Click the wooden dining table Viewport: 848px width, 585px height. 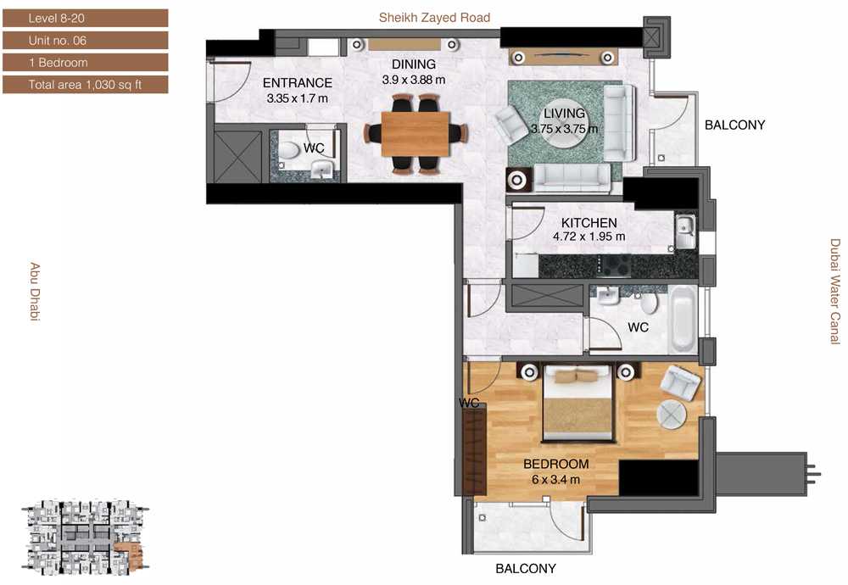click(416, 134)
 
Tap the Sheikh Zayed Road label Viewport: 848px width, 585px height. click(434, 17)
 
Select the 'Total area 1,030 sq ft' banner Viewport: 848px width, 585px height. click(86, 84)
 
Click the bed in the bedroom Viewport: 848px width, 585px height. click(577, 402)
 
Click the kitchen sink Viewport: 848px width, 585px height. click(685, 231)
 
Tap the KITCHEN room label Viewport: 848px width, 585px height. click(589, 223)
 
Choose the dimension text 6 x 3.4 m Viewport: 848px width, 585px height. click(555, 480)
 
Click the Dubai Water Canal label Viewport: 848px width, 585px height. click(835, 292)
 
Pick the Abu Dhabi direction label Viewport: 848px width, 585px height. click(35, 292)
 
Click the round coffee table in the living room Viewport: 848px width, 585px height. click(564, 127)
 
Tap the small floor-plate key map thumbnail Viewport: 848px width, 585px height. click(84, 538)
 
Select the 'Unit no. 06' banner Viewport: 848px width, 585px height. click(86, 41)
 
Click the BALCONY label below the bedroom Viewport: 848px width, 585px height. click(526, 569)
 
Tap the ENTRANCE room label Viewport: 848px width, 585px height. click(298, 83)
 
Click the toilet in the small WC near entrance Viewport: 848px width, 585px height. click(288, 150)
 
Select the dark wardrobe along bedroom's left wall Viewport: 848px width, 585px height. click(474, 448)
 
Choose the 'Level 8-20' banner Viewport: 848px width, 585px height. click(86, 18)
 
